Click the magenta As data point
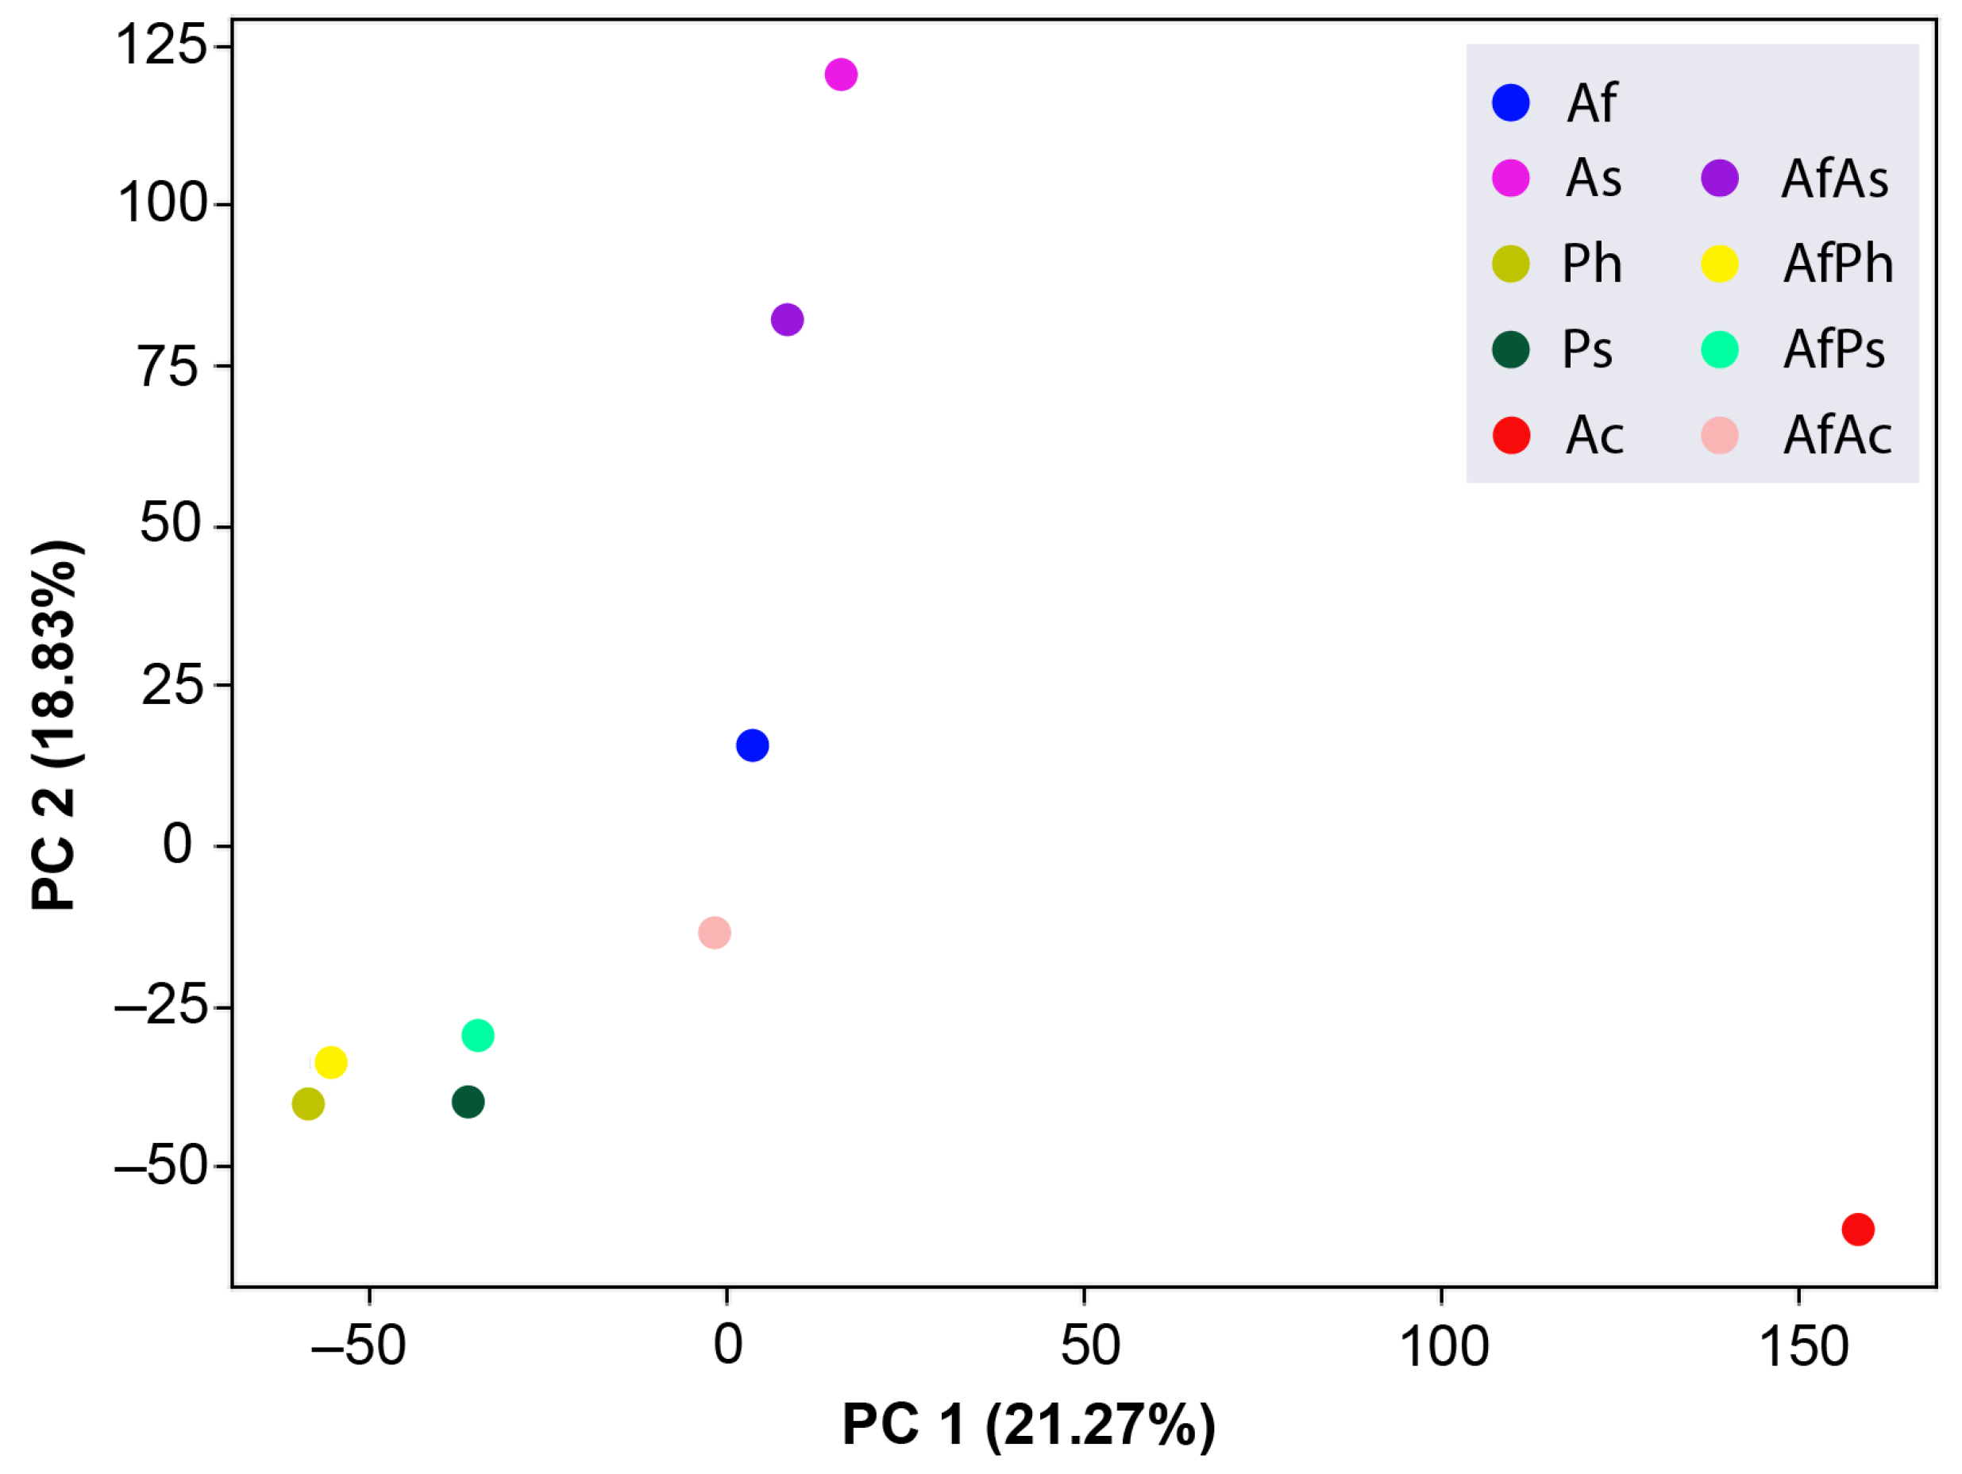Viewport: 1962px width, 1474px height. [x=841, y=75]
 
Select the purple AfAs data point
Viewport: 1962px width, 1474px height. [x=788, y=319]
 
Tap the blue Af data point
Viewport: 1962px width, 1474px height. [x=752, y=745]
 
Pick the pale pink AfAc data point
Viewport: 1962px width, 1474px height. [x=714, y=932]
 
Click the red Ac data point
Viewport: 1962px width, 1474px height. [x=1857, y=1230]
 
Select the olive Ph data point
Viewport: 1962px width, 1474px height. [x=308, y=1103]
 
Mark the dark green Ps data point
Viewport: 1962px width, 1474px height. [x=468, y=1102]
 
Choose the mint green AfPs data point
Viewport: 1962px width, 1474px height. [x=477, y=1035]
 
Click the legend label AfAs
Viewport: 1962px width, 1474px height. [x=1834, y=179]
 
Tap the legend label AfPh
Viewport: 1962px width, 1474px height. [x=1838, y=264]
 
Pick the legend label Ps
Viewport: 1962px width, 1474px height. [x=1586, y=349]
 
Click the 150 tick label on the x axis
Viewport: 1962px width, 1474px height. [x=1803, y=1346]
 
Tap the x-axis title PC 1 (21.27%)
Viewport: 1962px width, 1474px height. [x=1028, y=1424]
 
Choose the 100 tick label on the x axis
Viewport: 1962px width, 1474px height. [x=1444, y=1346]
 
